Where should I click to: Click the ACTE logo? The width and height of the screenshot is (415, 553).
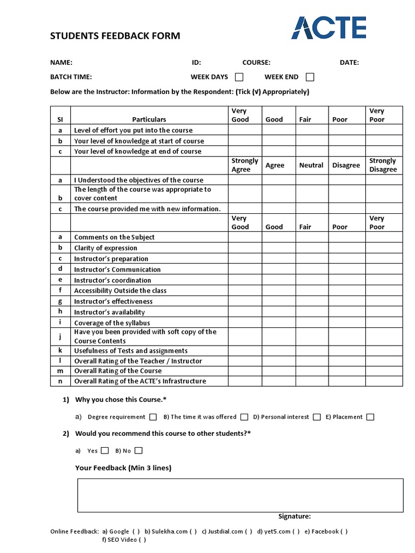coord(329,28)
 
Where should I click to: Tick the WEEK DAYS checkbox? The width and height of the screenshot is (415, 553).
coord(239,77)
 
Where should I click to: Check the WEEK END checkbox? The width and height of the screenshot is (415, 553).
coord(310,77)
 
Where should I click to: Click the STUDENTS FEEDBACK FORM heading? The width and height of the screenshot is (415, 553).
coord(115,36)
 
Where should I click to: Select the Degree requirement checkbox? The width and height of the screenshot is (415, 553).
coord(153,417)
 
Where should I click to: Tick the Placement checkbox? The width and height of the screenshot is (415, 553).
coord(370,417)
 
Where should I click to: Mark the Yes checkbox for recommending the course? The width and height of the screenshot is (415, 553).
coord(105,450)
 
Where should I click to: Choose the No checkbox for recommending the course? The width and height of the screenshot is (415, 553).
coord(139,450)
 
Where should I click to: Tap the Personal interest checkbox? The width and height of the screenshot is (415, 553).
coord(317,417)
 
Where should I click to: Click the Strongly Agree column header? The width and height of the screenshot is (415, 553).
coord(245,165)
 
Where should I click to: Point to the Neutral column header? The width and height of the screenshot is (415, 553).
coord(311,165)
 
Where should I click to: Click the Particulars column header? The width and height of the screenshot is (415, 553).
coord(149,119)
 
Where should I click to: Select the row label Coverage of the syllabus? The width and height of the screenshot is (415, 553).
coord(112,323)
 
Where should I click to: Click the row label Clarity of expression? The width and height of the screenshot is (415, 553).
coord(105,248)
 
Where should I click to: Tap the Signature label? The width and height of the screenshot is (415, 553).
coord(294,516)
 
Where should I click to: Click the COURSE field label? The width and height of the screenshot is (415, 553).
coord(256,63)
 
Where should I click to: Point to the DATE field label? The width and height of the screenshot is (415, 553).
coord(349,63)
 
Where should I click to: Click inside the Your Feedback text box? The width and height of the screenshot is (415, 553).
coord(240,495)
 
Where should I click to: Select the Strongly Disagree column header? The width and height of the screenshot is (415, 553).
coord(383,165)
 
